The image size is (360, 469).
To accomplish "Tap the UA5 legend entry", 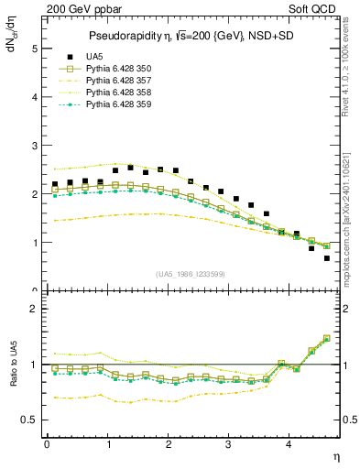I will [95, 57].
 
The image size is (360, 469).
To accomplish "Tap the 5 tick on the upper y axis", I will [34, 48].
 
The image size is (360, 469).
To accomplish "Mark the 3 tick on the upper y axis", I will [34, 146].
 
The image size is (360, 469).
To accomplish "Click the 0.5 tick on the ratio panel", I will [32, 420].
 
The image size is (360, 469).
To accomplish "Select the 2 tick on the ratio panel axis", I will [34, 309].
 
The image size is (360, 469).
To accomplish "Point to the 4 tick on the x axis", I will [289, 444].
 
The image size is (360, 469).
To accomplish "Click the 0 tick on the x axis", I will [47, 444].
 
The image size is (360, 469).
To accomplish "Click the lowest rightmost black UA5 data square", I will [327, 258].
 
